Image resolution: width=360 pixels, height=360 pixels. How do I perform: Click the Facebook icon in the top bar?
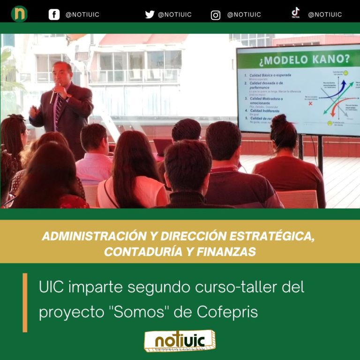[54, 15]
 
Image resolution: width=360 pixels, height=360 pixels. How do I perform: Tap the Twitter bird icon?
[150, 15]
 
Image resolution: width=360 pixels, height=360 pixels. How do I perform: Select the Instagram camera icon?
[216, 15]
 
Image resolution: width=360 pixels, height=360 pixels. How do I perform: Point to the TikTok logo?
[295, 13]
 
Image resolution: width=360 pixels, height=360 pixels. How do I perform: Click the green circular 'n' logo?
[19, 14]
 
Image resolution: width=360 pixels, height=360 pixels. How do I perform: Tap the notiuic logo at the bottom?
[180, 341]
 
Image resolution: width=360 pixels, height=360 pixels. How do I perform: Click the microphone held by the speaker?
[53, 94]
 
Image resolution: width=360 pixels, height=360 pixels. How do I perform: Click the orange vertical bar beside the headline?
[25, 302]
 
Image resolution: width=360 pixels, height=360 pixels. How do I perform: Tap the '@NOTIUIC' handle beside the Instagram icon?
[244, 15]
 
